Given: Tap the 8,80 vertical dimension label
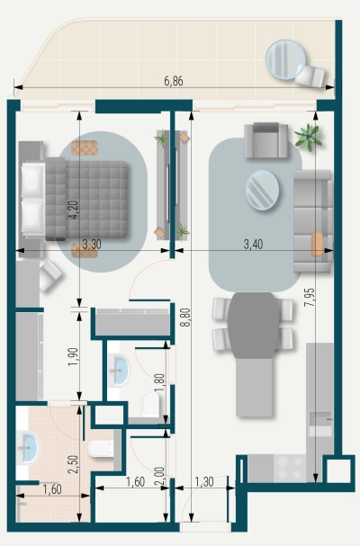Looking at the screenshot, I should click(184, 322).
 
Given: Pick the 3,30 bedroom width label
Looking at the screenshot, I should click(91, 243).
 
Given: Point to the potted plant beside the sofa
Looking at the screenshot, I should click(308, 136).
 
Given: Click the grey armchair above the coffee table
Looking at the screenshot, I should click(267, 139).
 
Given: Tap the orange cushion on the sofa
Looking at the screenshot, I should click(317, 243).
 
